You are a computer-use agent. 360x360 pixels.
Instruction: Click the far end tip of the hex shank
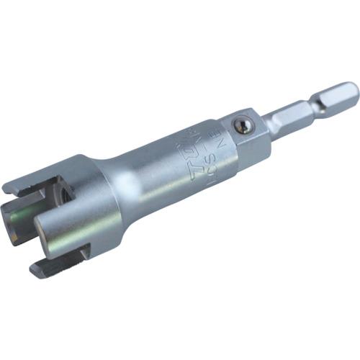pos(354,91)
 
